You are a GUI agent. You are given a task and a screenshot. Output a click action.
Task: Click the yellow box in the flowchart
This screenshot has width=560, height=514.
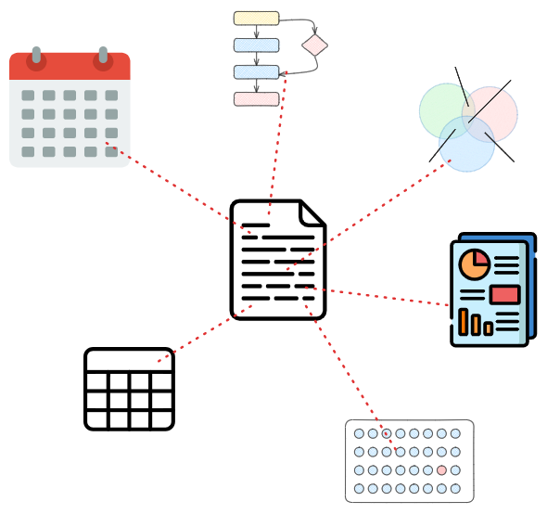click(256, 18)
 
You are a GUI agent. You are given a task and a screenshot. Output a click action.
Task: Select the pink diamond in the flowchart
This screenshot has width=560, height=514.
click(314, 45)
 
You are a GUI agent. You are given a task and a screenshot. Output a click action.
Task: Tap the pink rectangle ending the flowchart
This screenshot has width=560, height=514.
click(256, 99)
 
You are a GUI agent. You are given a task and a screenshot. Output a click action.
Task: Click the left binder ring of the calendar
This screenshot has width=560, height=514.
click(36, 58)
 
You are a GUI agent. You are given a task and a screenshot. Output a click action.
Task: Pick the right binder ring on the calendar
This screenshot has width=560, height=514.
click(103, 58)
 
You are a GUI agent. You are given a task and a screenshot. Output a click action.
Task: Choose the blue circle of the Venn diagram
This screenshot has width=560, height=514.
click(468, 148)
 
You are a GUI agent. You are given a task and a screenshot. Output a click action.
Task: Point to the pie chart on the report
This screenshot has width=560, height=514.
click(475, 263)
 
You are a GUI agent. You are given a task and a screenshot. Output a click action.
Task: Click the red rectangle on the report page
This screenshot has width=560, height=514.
click(504, 294)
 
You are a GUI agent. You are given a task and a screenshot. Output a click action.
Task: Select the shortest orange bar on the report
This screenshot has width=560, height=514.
click(488, 328)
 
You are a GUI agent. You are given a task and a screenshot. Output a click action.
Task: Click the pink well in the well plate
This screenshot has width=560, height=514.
click(441, 470)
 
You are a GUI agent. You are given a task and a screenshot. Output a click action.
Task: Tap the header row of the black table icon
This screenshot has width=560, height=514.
click(129, 361)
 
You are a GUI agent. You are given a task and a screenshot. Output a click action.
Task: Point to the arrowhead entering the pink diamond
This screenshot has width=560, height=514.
click(314, 32)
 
